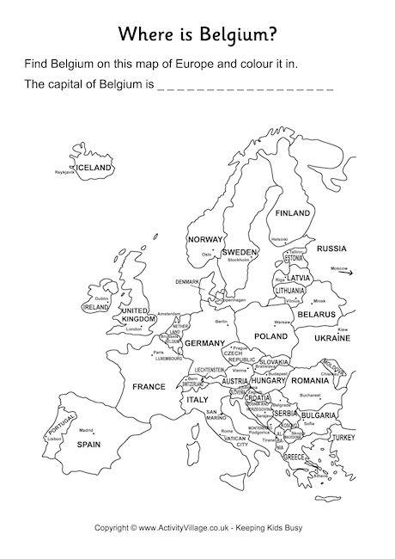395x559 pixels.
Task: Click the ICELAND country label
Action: coord(94,167)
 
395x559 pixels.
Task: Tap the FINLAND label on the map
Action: coord(292,212)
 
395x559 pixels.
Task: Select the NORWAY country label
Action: coord(205,239)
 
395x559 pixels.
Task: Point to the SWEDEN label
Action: coord(240,252)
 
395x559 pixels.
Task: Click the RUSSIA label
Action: coord(331,249)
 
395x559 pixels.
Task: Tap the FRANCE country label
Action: coord(148,387)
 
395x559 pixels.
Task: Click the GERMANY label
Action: coord(204,342)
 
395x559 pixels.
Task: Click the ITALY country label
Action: coord(197,400)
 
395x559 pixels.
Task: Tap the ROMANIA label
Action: coord(309,380)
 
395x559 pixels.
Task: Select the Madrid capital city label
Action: coord(86,429)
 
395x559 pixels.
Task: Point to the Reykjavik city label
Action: coord(65,172)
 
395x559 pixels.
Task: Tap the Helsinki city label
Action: coord(279,239)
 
